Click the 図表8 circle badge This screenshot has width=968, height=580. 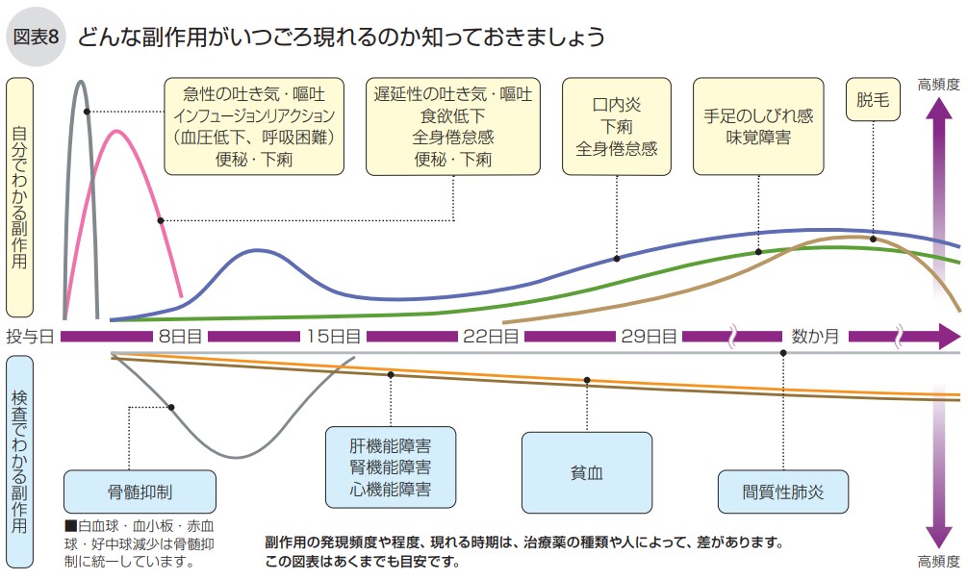(x=37, y=38)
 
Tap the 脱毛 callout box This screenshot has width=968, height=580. (x=872, y=99)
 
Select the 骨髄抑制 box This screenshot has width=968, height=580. (x=140, y=492)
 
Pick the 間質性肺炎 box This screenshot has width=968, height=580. (x=783, y=492)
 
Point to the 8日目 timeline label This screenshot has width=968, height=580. (x=179, y=337)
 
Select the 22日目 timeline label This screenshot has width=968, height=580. (x=491, y=337)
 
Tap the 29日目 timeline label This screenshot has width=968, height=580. (x=649, y=337)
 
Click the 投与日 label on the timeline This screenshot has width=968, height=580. (x=30, y=337)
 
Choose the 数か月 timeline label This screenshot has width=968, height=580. (x=815, y=337)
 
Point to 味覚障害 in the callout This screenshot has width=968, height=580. (x=758, y=138)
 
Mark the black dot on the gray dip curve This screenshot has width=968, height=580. (x=171, y=407)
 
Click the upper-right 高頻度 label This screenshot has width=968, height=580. (x=938, y=84)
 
